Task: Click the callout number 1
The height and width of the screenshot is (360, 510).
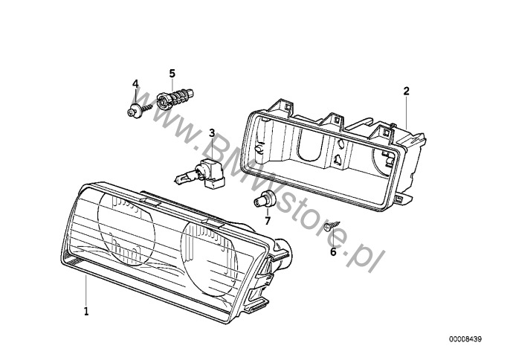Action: tap(86, 310)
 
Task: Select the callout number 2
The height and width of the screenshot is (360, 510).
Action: tap(407, 91)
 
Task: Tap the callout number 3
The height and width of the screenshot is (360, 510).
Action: tap(212, 133)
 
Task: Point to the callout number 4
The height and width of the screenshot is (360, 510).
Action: tap(135, 83)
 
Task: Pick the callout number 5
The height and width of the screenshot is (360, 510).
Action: tap(172, 73)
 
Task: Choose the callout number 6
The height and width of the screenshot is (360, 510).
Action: tap(333, 251)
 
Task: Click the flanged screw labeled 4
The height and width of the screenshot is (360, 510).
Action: tap(136, 111)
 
